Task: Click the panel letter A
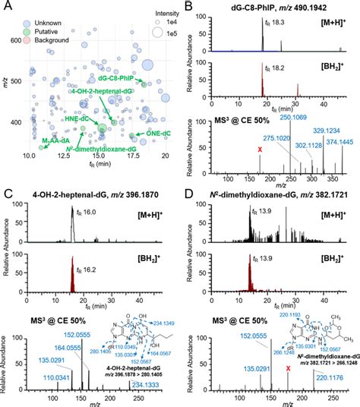[x=7, y=7]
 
